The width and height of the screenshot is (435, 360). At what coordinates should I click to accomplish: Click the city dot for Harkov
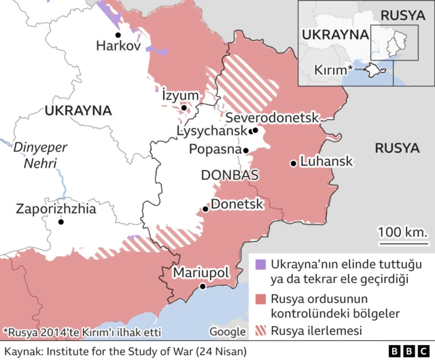(x=118, y=35)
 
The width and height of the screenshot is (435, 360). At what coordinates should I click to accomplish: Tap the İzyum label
(x=179, y=94)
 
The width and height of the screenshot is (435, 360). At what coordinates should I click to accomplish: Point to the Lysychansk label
(x=211, y=130)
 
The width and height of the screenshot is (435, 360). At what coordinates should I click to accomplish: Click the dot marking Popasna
(x=247, y=151)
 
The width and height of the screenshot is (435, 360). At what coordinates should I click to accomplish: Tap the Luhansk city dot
(x=293, y=162)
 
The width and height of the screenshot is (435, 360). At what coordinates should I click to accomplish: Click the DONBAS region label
(x=230, y=175)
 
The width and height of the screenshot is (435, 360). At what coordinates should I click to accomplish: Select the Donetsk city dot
(x=205, y=209)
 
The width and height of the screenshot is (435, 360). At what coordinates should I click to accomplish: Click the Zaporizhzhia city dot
(x=61, y=221)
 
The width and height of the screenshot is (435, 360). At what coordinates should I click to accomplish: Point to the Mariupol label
(x=201, y=272)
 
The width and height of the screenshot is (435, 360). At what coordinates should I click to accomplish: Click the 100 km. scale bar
(x=403, y=238)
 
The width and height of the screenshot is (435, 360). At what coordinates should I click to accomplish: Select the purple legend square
(x=260, y=263)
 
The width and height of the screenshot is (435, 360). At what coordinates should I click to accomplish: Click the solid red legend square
(x=260, y=299)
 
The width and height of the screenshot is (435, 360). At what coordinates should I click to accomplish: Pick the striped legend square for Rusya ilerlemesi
(x=260, y=331)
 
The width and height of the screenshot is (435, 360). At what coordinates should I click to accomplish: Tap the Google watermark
(x=227, y=331)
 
